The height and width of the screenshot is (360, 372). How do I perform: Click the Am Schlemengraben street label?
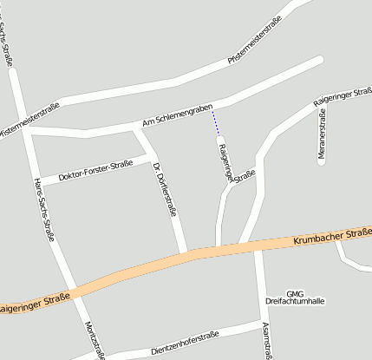[178, 120]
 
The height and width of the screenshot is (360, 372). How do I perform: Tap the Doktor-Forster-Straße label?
[95, 171]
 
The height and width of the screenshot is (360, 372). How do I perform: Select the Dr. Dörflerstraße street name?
[165, 188]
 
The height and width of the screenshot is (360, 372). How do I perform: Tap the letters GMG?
[295, 293]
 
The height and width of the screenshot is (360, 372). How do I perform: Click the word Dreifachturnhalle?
[295, 301]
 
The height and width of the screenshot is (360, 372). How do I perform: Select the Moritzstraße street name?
[95, 339]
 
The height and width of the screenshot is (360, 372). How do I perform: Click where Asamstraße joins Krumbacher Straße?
[258, 246]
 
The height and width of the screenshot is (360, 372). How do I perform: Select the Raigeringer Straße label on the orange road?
[35, 304]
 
